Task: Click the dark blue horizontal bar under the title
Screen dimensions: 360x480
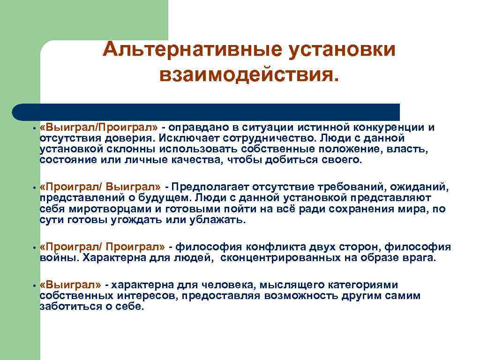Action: pos(206,112)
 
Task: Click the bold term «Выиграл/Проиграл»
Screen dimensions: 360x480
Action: pos(99,128)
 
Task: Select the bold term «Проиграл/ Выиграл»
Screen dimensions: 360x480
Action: pos(101,188)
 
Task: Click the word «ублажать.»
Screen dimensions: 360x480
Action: pos(217,220)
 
